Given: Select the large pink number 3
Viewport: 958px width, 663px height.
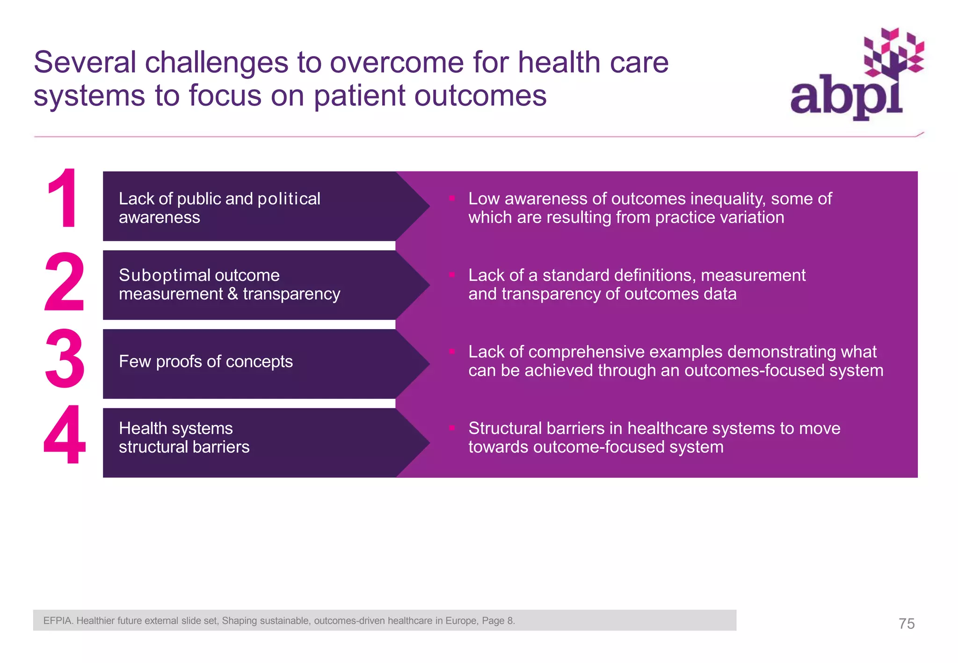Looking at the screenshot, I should point(65,359).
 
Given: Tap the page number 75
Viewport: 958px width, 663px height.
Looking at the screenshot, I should point(906,623).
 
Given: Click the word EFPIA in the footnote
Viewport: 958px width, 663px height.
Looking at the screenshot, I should point(58,620).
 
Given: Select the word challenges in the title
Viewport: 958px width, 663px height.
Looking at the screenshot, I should point(217,62).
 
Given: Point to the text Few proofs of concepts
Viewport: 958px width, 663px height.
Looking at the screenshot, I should point(206,361).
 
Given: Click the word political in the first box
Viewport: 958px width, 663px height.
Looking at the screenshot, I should point(289,199).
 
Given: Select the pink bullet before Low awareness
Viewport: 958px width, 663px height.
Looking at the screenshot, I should point(452,198).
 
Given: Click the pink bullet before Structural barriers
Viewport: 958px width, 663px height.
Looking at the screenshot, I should point(452,427).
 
